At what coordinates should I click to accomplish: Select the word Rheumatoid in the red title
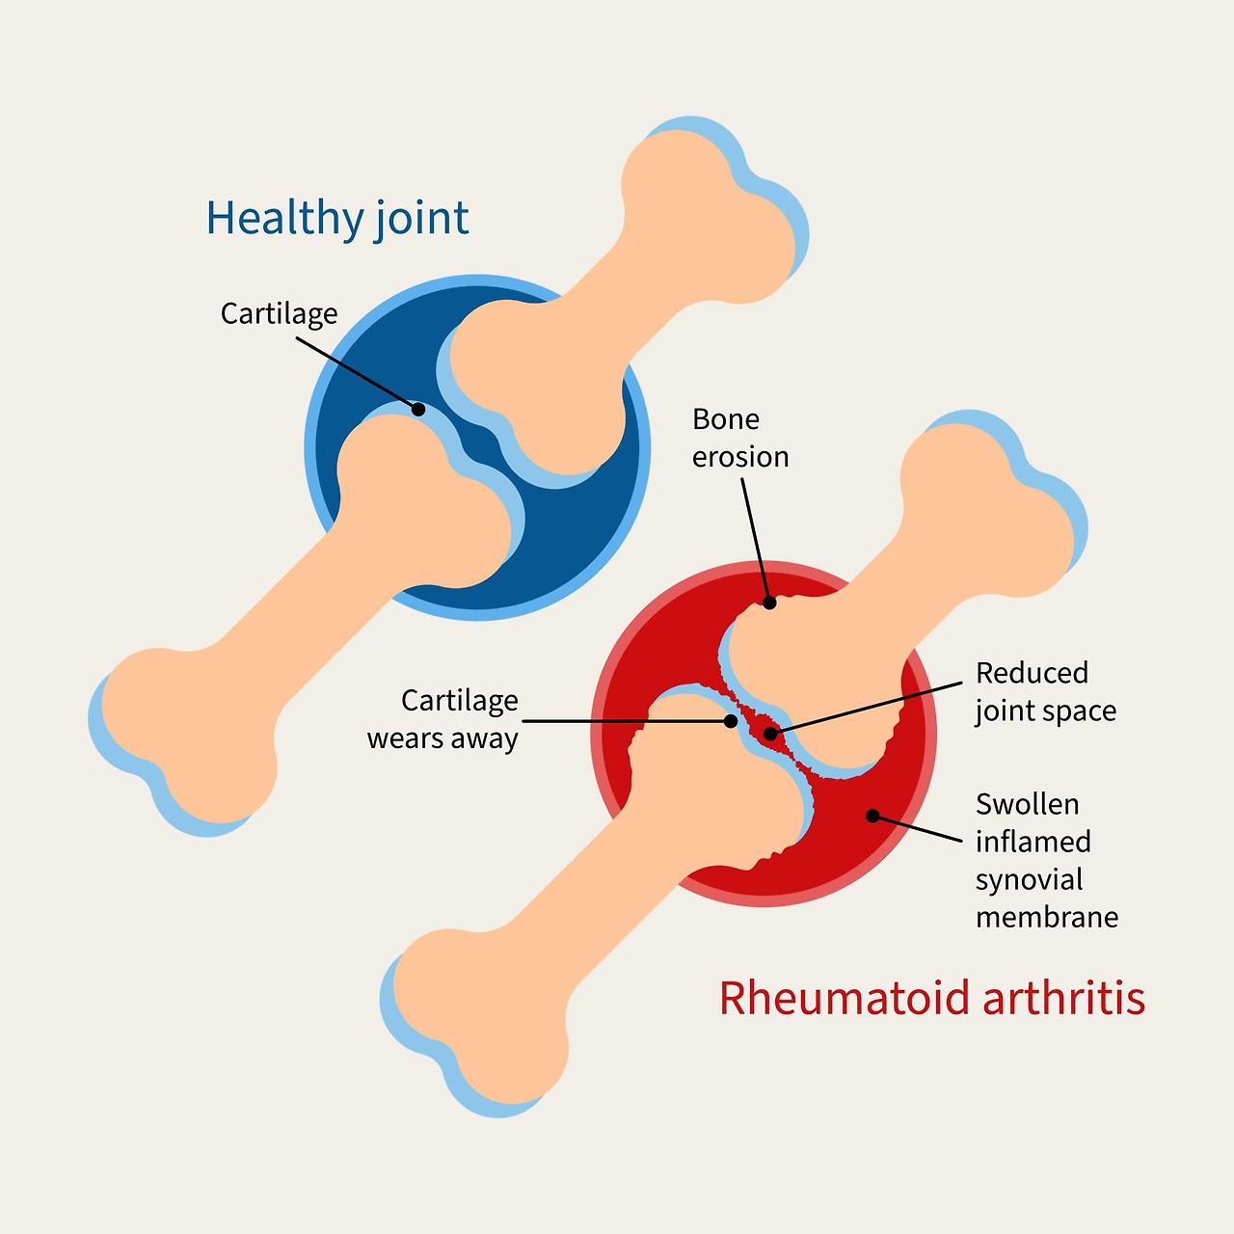point(844,998)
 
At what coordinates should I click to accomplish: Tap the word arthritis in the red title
point(1063,998)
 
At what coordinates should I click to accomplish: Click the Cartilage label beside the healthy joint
point(279,313)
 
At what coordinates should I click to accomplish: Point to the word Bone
point(725,419)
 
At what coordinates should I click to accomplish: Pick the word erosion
point(740,456)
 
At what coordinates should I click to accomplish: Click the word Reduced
point(1032,673)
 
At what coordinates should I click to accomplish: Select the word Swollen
point(1027,804)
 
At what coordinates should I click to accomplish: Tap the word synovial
point(1029,879)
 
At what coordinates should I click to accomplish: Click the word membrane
point(1047,916)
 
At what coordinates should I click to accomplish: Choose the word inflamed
point(1033,842)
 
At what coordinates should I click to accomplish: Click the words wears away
point(443,738)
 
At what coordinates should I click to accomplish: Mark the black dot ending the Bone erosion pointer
point(769,604)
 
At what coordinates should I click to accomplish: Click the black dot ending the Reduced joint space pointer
point(769,734)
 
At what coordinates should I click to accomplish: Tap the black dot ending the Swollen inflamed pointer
point(872,816)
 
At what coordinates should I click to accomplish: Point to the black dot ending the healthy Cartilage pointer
point(418,409)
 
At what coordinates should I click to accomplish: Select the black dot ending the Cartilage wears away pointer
point(731,721)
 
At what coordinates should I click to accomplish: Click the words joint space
point(1045,711)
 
